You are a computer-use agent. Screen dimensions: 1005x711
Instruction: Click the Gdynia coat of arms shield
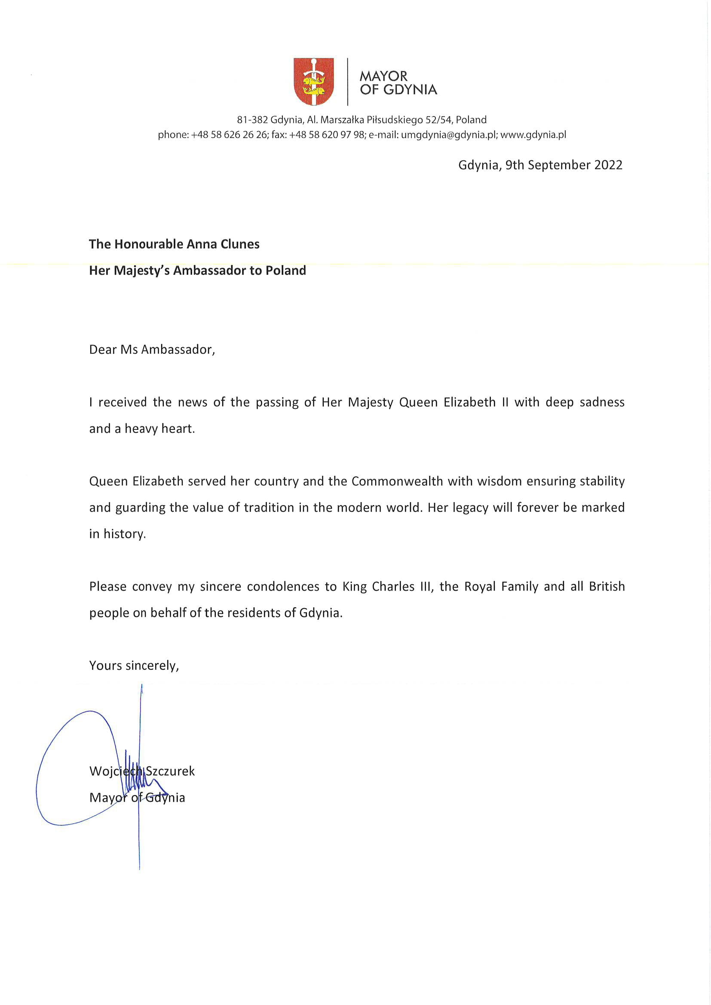pyautogui.click(x=313, y=81)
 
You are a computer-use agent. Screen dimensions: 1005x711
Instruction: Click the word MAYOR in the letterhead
pyautogui.click(x=383, y=76)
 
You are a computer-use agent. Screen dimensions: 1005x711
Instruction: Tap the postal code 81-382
pyautogui.click(x=252, y=119)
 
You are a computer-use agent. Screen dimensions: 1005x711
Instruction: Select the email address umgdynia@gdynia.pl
pyautogui.click(x=449, y=135)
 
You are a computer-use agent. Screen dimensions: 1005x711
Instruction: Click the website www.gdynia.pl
pyautogui.click(x=533, y=135)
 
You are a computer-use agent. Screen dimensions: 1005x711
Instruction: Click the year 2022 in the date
pyautogui.click(x=608, y=165)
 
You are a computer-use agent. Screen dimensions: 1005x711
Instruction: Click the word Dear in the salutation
pyautogui.click(x=103, y=349)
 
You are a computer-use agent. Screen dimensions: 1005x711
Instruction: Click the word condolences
pyautogui.click(x=283, y=587)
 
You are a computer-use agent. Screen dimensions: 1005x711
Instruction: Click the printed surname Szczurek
pyautogui.click(x=170, y=771)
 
